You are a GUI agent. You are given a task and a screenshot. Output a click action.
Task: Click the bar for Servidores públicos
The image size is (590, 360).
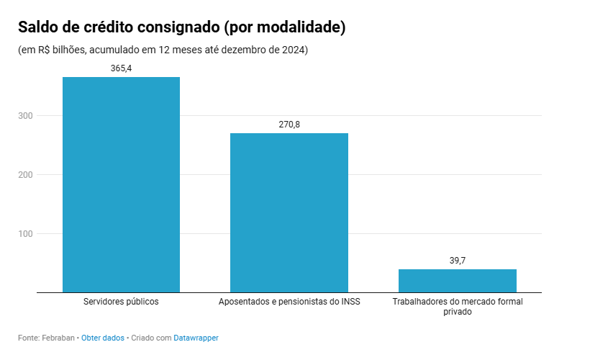pos(121,184)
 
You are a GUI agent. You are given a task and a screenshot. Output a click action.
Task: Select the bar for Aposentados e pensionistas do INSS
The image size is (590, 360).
pos(289,212)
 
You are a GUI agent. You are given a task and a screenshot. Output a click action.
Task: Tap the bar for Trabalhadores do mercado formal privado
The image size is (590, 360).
pos(458,281)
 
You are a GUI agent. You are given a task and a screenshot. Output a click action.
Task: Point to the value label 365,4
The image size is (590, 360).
pos(121,68)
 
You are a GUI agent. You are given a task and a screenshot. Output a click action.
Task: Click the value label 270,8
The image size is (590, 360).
pos(289,125)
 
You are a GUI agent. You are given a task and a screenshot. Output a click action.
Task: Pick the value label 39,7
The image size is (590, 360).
pos(458,261)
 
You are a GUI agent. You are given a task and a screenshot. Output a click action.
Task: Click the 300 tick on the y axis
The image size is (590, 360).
pos(25,116)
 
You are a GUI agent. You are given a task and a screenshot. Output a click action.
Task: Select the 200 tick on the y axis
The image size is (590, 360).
pos(25,175)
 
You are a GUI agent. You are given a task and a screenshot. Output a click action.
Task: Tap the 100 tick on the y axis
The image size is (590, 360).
pos(25,234)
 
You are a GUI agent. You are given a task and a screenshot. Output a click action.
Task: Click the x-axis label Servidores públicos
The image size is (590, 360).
pos(121,302)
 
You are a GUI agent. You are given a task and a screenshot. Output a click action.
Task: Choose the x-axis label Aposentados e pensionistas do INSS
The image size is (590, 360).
pos(289,302)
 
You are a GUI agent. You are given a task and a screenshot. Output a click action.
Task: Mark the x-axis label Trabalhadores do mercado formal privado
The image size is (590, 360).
pos(458,307)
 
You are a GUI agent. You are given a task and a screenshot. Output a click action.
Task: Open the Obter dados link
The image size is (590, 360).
pos(103,338)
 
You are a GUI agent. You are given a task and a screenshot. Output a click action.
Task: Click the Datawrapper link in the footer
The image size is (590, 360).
pos(196,338)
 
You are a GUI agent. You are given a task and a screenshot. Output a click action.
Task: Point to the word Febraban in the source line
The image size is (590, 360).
pos(59,338)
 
